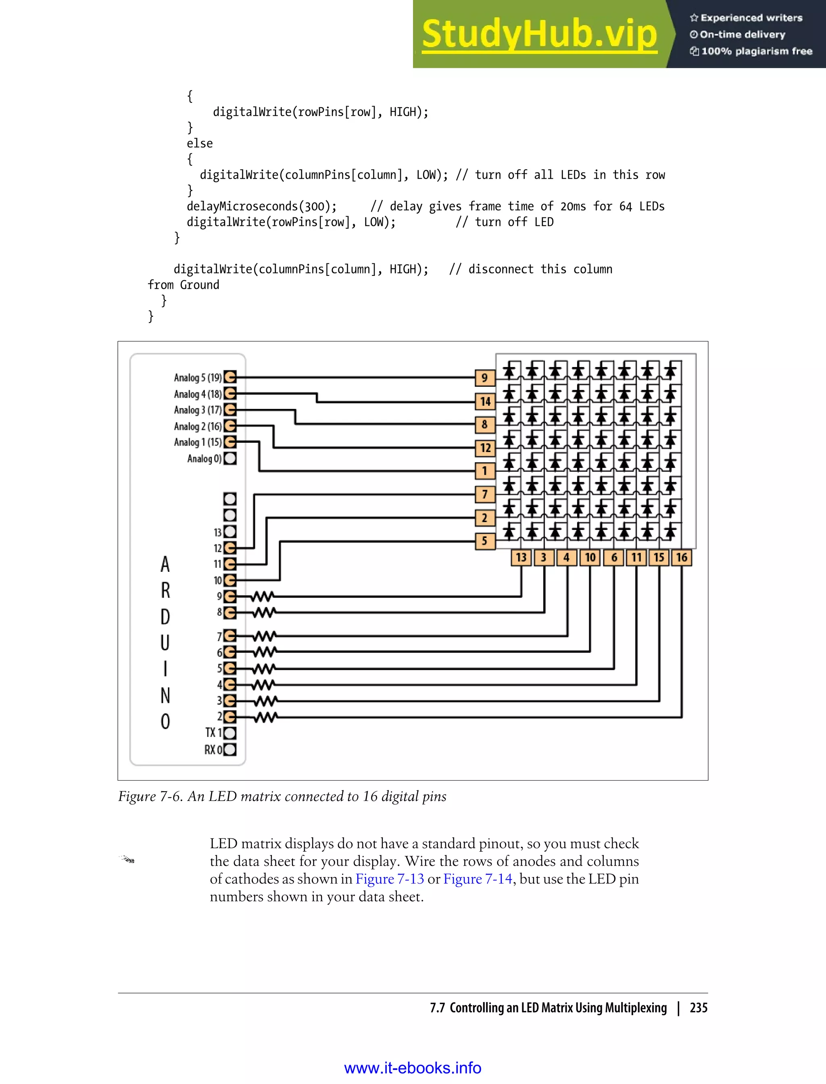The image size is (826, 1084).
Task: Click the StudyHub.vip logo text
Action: click(x=539, y=34)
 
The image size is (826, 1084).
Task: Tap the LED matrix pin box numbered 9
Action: click(x=485, y=377)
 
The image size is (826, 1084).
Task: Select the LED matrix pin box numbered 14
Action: click(x=485, y=401)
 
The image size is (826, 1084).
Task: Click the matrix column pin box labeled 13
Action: click(x=521, y=557)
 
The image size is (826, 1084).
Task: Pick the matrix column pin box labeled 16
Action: click(x=682, y=557)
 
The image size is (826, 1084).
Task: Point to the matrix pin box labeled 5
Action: click(x=485, y=541)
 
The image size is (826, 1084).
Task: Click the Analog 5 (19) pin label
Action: click(x=198, y=377)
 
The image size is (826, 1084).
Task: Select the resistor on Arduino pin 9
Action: click(x=263, y=597)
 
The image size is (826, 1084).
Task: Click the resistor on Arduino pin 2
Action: click(x=265, y=717)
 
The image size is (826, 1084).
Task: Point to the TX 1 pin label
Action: click(x=213, y=733)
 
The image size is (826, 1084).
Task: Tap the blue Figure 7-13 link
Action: click(x=389, y=879)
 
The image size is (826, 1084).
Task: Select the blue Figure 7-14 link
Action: click(x=478, y=879)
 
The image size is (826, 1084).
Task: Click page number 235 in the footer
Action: click(x=698, y=1008)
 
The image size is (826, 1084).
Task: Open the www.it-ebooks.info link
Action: click(x=413, y=1068)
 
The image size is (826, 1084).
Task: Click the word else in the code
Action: click(x=200, y=144)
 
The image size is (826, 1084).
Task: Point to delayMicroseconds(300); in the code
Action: click(x=262, y=206)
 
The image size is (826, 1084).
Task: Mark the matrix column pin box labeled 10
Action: click(x=590, y=557)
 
